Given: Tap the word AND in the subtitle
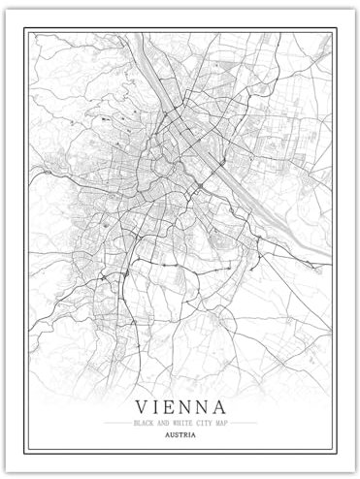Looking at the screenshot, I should pos(162,423).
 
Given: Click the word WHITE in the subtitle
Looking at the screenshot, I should pos(179,423).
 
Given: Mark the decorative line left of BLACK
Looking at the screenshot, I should pos(117,423).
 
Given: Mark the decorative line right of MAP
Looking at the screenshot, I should pos(244,423).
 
